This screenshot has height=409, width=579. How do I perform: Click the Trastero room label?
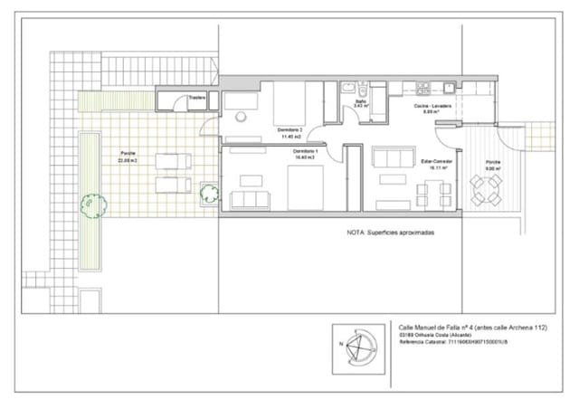click(196, 98)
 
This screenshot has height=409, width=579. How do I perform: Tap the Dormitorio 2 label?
click(289, 133)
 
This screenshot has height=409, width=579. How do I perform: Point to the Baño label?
click(360, 104)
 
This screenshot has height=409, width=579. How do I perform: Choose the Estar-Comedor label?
click(438, 164)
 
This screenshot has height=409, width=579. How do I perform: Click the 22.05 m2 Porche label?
click(128, 157)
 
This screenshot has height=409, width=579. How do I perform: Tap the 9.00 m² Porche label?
click(493, 164)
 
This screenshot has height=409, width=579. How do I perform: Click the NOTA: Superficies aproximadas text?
click(390, 233)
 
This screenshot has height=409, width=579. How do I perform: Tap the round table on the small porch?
click(489, 189)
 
